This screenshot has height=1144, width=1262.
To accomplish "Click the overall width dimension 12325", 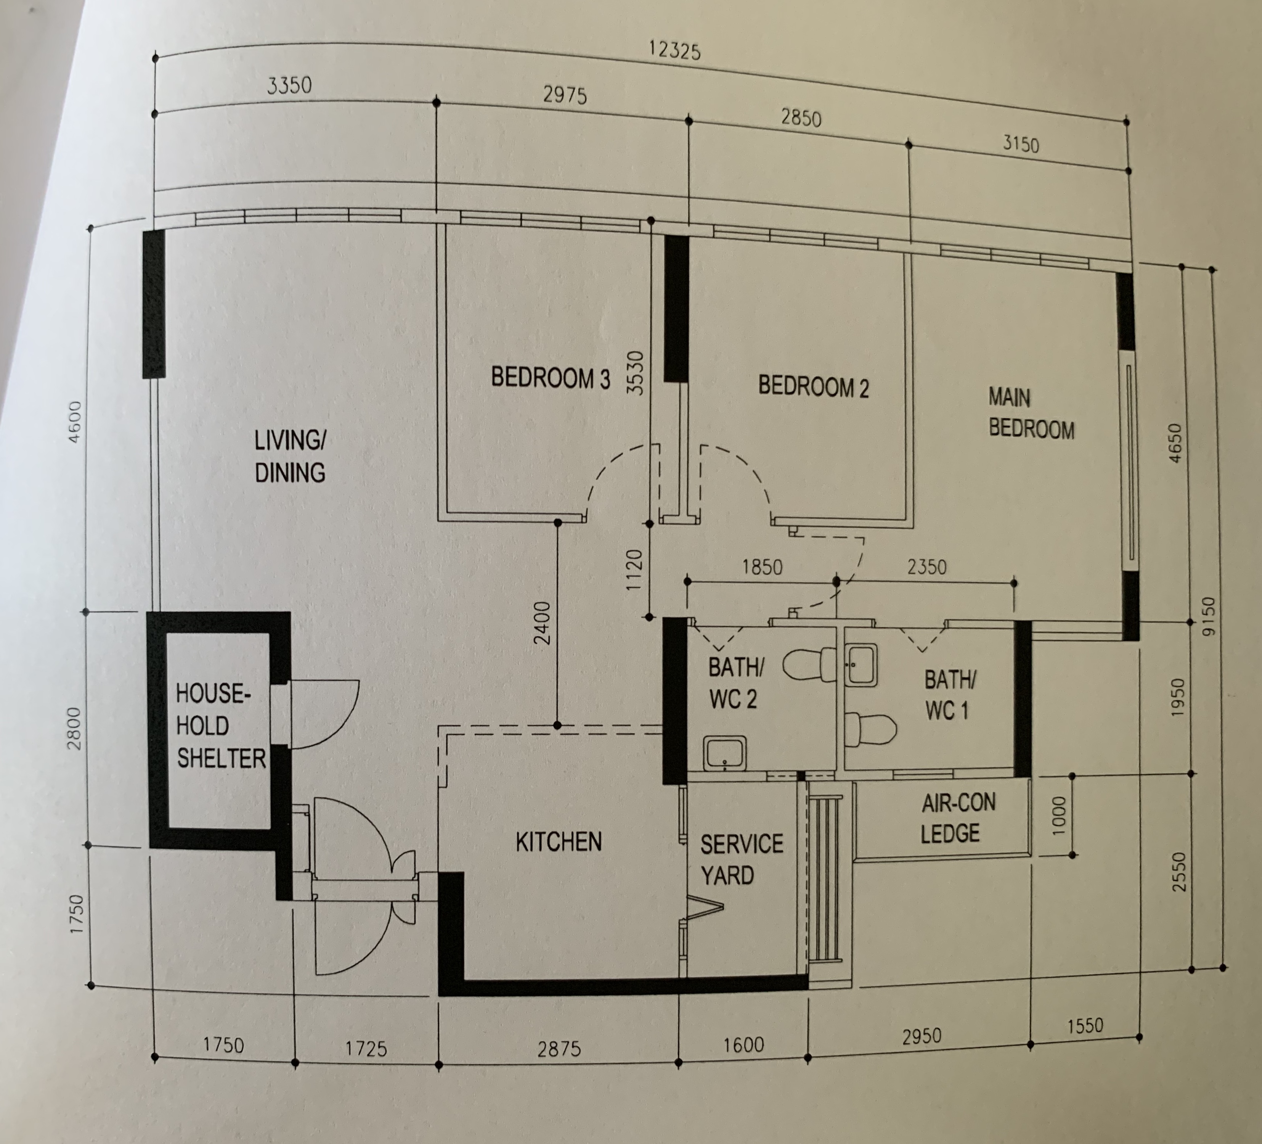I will click(x=674, y=50).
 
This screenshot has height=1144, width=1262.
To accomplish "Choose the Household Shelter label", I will click(x=219, y=726).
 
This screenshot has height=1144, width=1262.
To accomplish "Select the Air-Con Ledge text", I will click(x=957, y=818).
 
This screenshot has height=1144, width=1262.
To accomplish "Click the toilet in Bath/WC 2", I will click(x=808, y=665).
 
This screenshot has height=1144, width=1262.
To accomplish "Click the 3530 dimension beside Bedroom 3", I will click(x=635, y=373).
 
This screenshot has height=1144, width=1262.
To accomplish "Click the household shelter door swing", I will click(x=323, y=714).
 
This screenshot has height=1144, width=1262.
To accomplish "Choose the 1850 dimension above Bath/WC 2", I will click(x=761, y=567).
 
